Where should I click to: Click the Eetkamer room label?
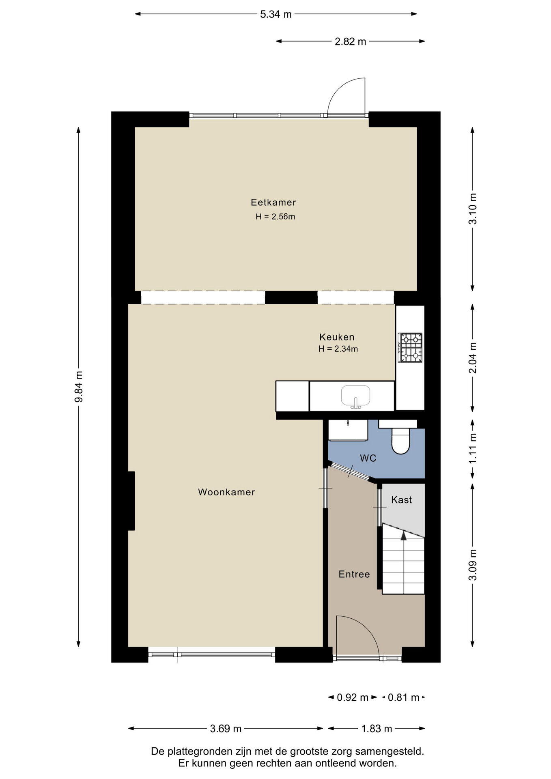pos(273,202)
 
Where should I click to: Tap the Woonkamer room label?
pos(226,492)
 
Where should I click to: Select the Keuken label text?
pos(337,337)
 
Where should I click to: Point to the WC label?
pos(368,458)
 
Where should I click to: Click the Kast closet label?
pos(401,500)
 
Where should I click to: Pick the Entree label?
pos(354,574)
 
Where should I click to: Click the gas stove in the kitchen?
pos(410,348)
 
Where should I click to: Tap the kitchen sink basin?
pos(356,396)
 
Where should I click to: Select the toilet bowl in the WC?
pos(401,441)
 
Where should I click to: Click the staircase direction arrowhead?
pos(403,536)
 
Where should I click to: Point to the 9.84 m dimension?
pos(79,387)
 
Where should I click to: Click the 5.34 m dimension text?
pos(276,14)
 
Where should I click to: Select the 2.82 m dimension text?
pos(351,41)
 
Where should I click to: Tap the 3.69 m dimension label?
pos(226,729)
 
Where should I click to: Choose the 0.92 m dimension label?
pos(353,697)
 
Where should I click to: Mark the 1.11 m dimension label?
pos(473,449)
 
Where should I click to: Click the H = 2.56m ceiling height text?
pos(275,217)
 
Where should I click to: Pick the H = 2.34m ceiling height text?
pos(338,349)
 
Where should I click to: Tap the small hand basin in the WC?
pos(348,430)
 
